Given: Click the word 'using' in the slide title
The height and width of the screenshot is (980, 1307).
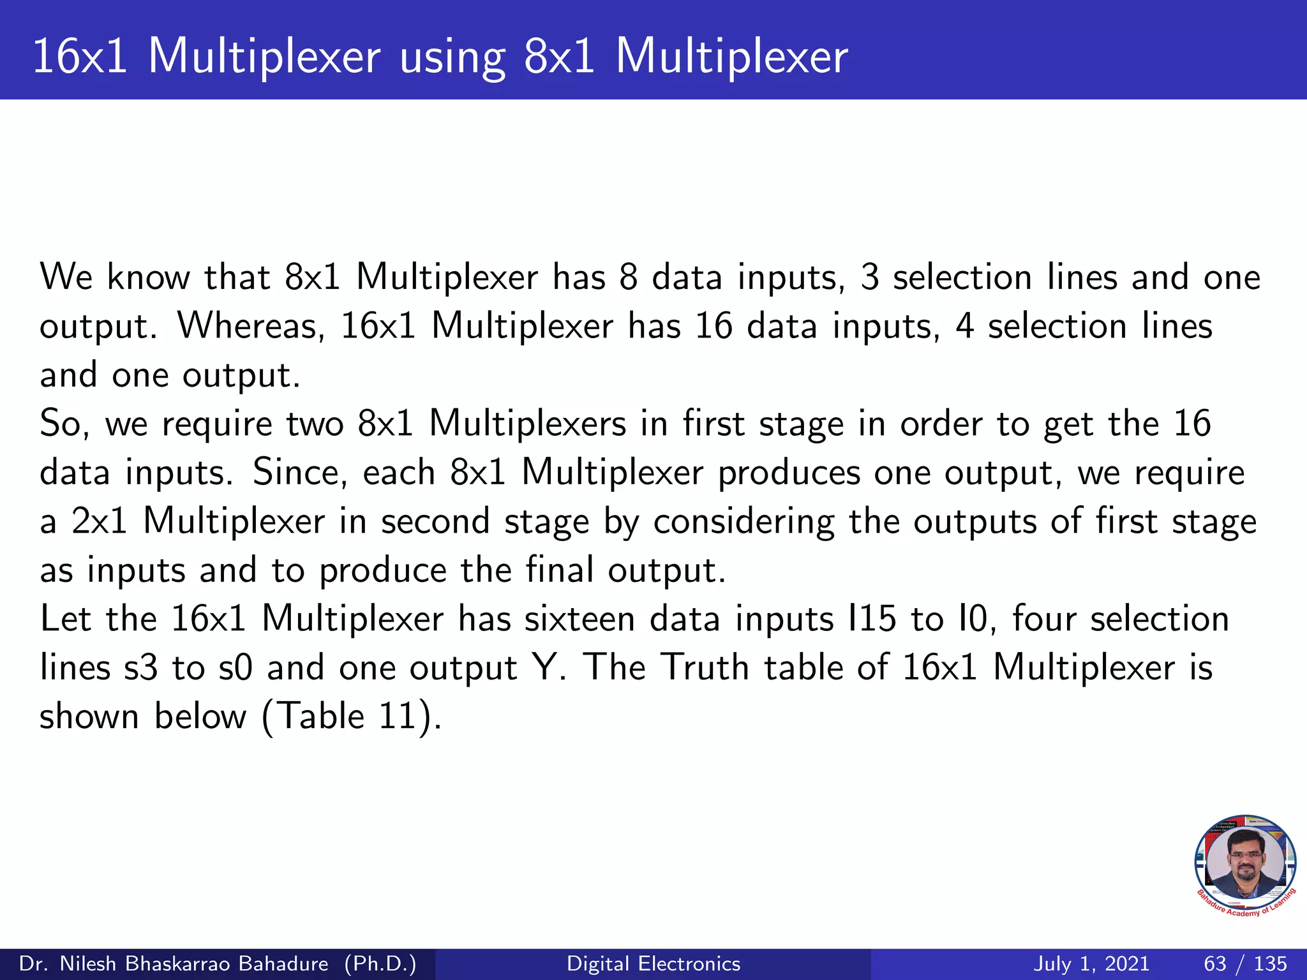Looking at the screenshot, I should [452, 57].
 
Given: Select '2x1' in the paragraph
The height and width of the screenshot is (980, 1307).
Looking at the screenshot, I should [100, 521].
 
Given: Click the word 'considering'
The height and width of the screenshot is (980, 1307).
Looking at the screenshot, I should [743, 523].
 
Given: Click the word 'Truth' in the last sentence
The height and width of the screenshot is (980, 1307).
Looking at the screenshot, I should [704, 667].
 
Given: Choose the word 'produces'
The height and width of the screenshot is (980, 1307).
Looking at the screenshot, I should [789, 473].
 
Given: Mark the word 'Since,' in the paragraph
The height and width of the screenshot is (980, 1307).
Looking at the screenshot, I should [300, 473].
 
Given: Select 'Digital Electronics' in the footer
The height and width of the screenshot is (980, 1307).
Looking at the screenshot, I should [653, 963].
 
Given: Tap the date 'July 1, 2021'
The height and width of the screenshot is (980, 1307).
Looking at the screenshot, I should [1091, 963].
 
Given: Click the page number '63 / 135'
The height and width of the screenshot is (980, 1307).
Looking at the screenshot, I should [1245, 963].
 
